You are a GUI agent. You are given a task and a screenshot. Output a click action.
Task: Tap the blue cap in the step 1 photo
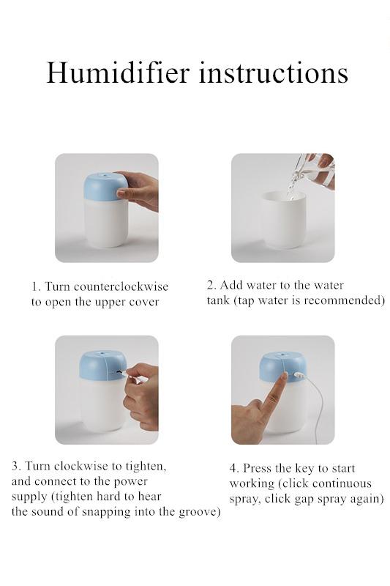tap(104, 186)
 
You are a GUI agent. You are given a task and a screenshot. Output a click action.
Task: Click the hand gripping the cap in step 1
tap(138, 190)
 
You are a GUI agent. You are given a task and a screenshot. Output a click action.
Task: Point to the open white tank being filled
tap(283, 220)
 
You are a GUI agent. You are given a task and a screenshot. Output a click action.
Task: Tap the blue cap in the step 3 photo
tap(103, 366)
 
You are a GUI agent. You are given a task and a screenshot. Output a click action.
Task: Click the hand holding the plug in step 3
tap(142, 396)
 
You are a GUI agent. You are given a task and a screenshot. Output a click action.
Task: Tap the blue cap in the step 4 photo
tap(282, 367)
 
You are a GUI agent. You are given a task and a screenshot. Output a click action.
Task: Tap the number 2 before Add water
tap(211, 285)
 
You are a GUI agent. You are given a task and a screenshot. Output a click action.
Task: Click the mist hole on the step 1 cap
tap(105, 174)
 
